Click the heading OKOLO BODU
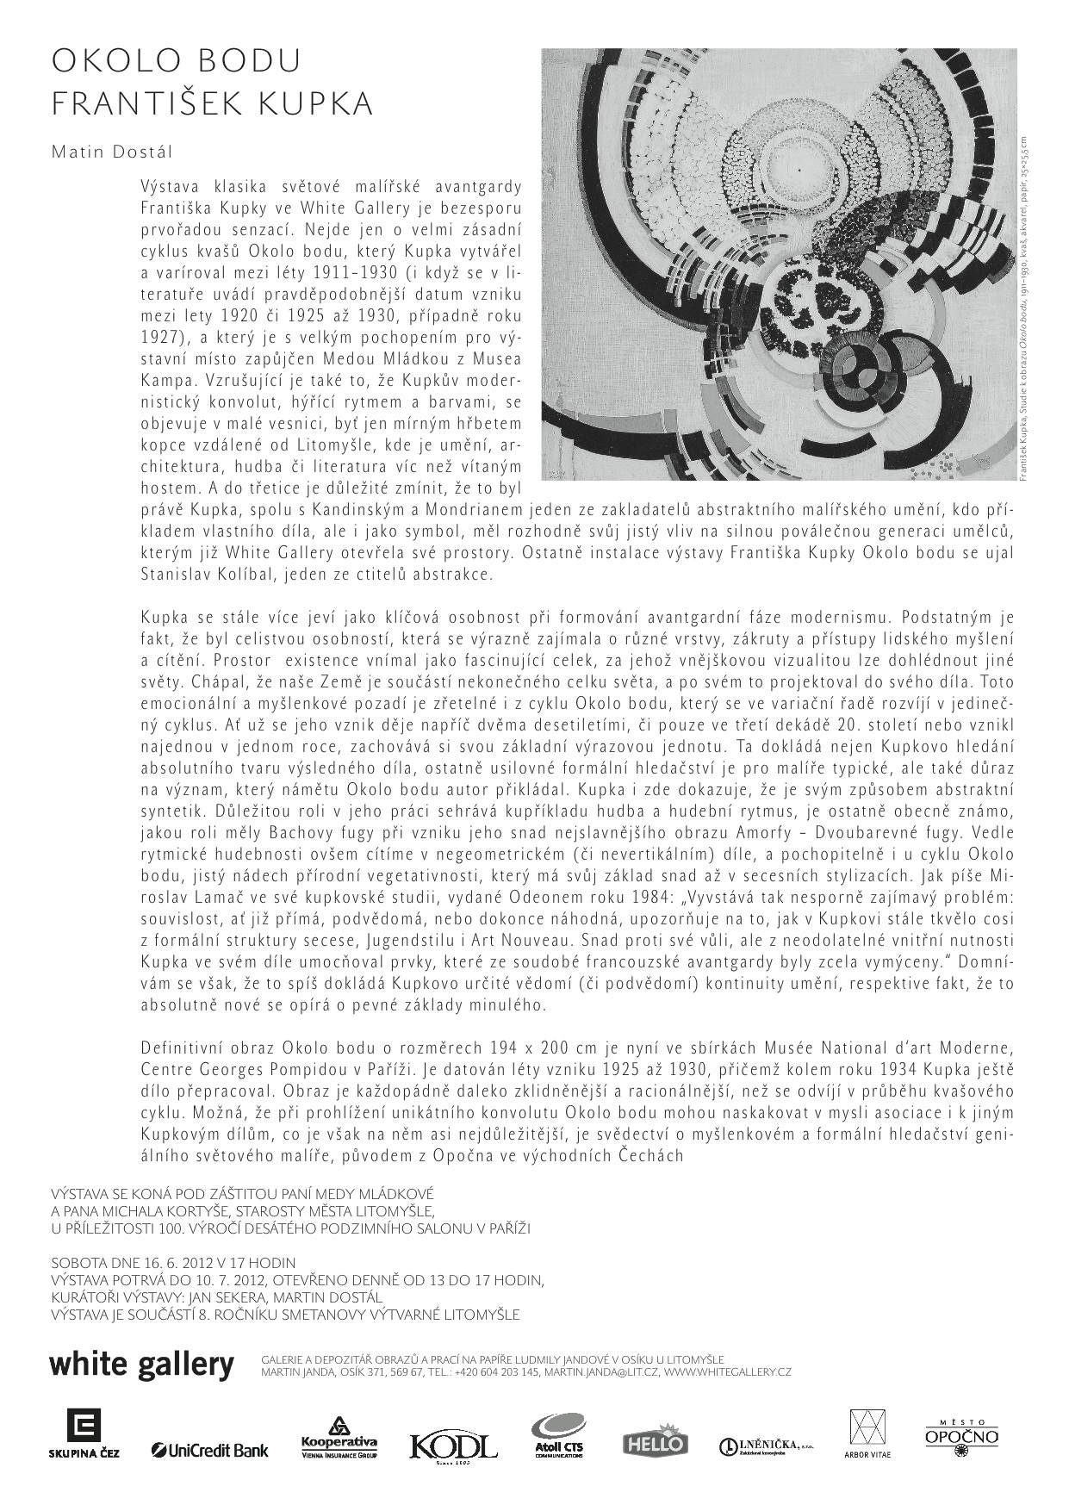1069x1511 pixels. click(177, 61)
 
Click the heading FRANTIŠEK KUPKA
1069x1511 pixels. click(213, 104)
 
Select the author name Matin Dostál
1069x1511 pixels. click(112, 152)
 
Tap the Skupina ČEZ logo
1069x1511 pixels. click(84, 1434)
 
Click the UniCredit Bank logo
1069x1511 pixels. click(210, 1451)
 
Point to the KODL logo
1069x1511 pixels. click(453, 1445)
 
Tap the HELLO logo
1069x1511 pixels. click(655, 1441)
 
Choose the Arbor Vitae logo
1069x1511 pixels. click(867, 1434)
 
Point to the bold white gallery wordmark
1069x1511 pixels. click(142, 1365)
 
